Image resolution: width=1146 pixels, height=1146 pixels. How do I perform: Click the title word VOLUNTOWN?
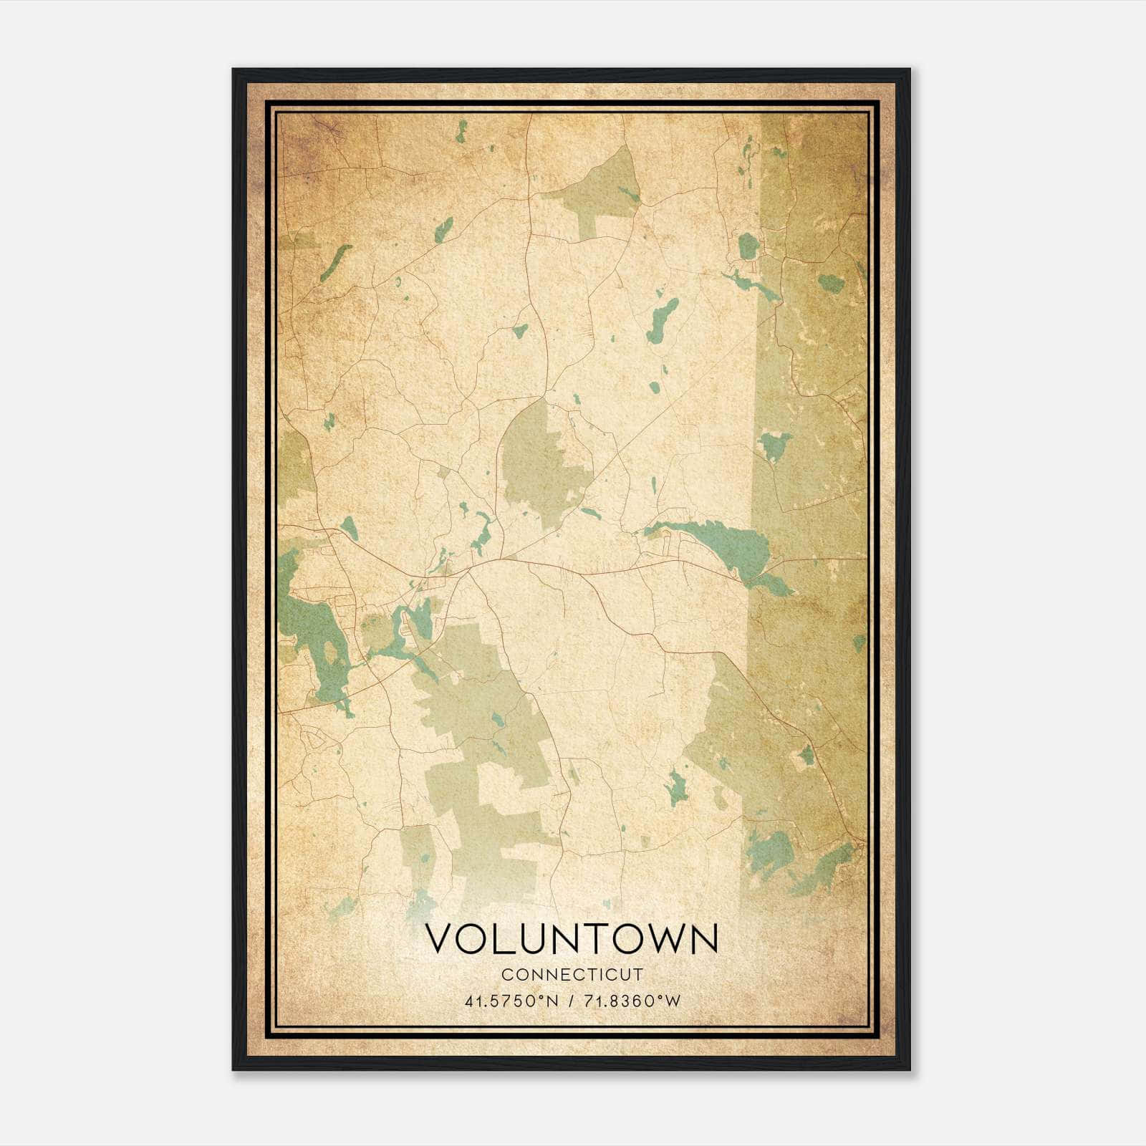572,939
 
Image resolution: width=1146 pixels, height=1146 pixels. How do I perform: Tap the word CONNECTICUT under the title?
572,975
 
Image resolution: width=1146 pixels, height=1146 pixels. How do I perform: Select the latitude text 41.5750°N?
511,1001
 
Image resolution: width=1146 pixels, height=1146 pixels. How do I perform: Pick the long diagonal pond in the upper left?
335,263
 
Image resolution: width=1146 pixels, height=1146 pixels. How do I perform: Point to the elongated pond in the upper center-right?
662,320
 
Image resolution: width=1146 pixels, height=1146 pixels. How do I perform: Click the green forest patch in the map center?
541,466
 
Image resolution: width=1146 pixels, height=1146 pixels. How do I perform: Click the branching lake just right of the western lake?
408,630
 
